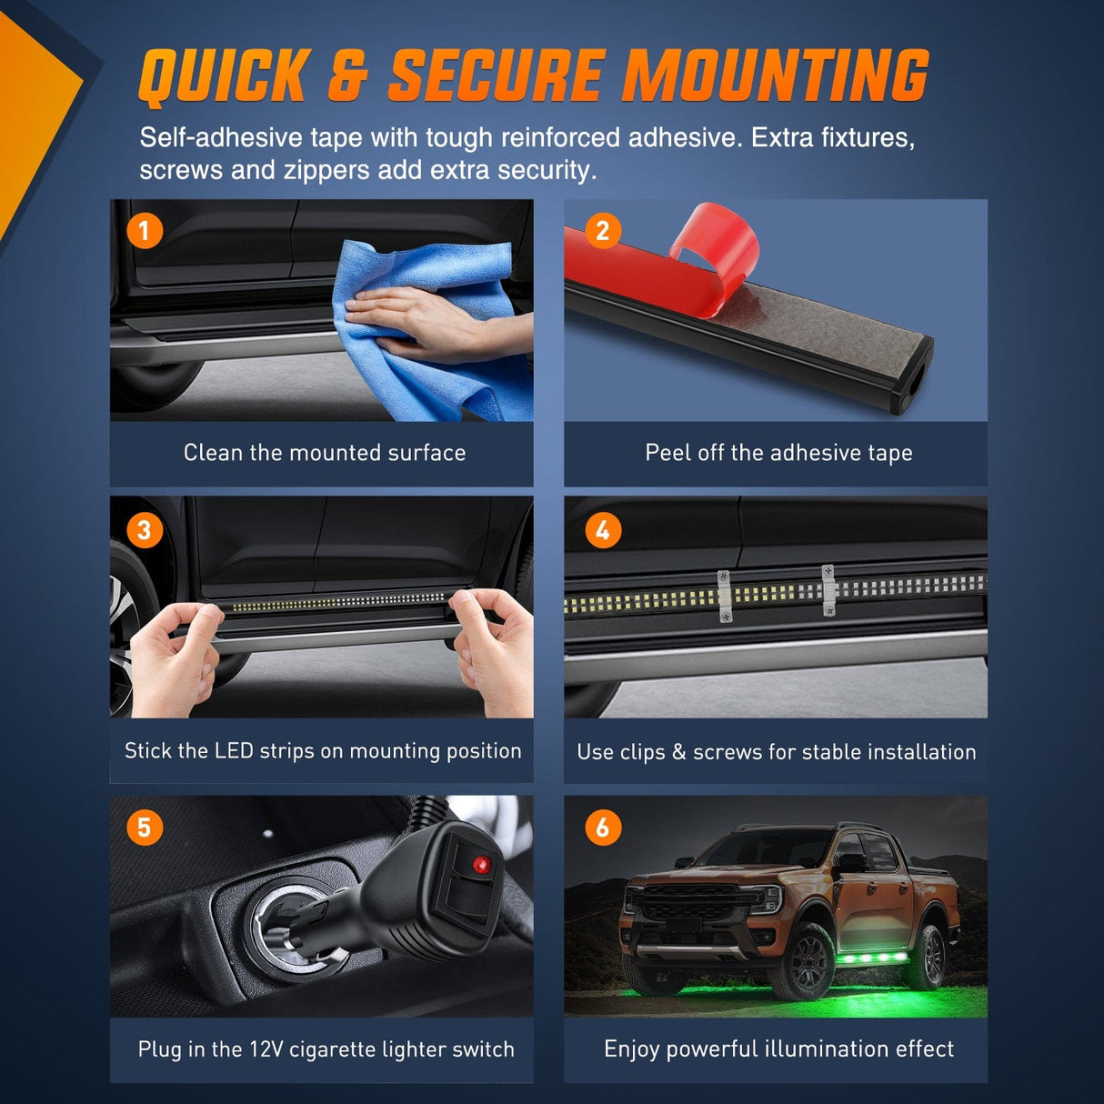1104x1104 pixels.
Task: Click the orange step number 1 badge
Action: click(145, 231)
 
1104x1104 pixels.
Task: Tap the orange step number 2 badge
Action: click(602, 231)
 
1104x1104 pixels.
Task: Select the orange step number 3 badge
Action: click(145, 530)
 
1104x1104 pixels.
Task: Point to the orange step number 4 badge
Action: click(603, 530)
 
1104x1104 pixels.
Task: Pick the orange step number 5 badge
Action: click(145, 828)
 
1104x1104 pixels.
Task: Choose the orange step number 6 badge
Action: click(603, 828)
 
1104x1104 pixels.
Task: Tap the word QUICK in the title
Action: click(225, 76)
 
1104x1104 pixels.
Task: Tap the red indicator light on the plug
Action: click(481, 865)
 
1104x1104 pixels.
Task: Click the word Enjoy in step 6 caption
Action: click(631, 1049)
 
